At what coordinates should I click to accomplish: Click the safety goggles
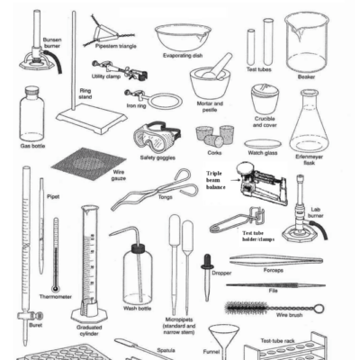(x=156, y=137)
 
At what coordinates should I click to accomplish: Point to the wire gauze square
(x=87, y=166)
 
